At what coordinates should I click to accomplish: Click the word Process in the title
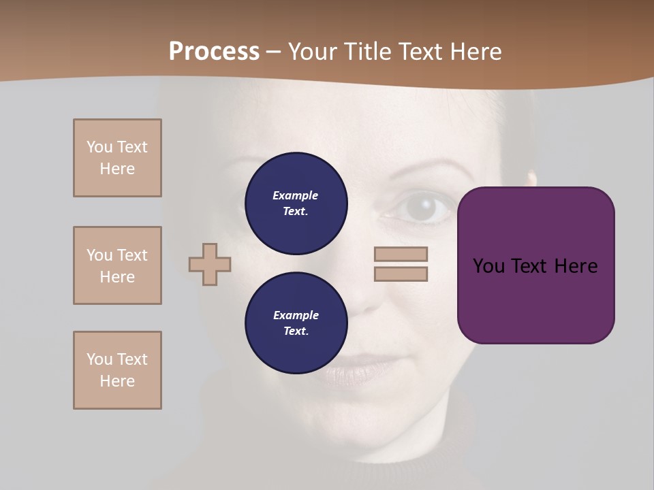click(x=214, y=52)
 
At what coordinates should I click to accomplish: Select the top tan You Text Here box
click(x=117, y=158)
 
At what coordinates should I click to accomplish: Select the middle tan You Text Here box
click(x=117, y=265)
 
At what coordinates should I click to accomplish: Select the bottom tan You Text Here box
click(x=117, y=370)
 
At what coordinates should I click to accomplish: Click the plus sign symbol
click(x=210, y=264)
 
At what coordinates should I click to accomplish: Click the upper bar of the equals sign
click(x=401, y=254)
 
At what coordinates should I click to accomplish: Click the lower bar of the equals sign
click(x=401, y=274)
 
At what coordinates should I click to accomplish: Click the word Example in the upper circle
click(x=295, y=195)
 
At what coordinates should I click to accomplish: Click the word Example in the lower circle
click(x=296, y=315)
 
